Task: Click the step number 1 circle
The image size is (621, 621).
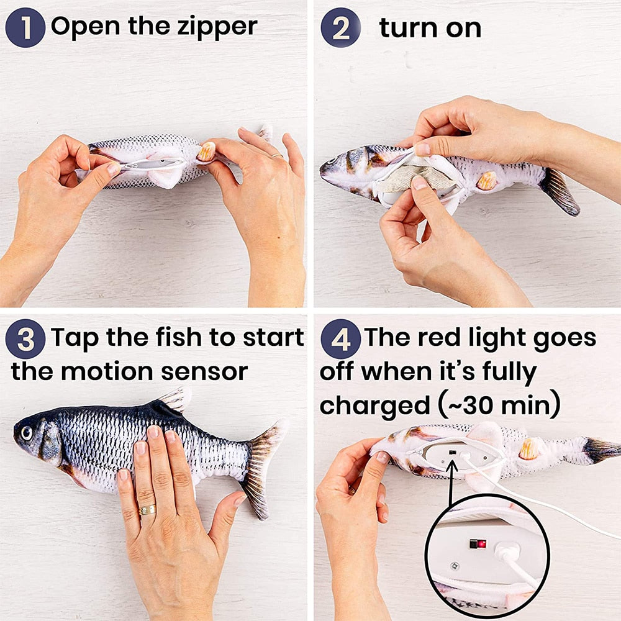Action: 25,28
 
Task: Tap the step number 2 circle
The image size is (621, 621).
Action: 340,28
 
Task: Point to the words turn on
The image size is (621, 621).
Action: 430,28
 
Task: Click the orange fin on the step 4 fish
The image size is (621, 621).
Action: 528,449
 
